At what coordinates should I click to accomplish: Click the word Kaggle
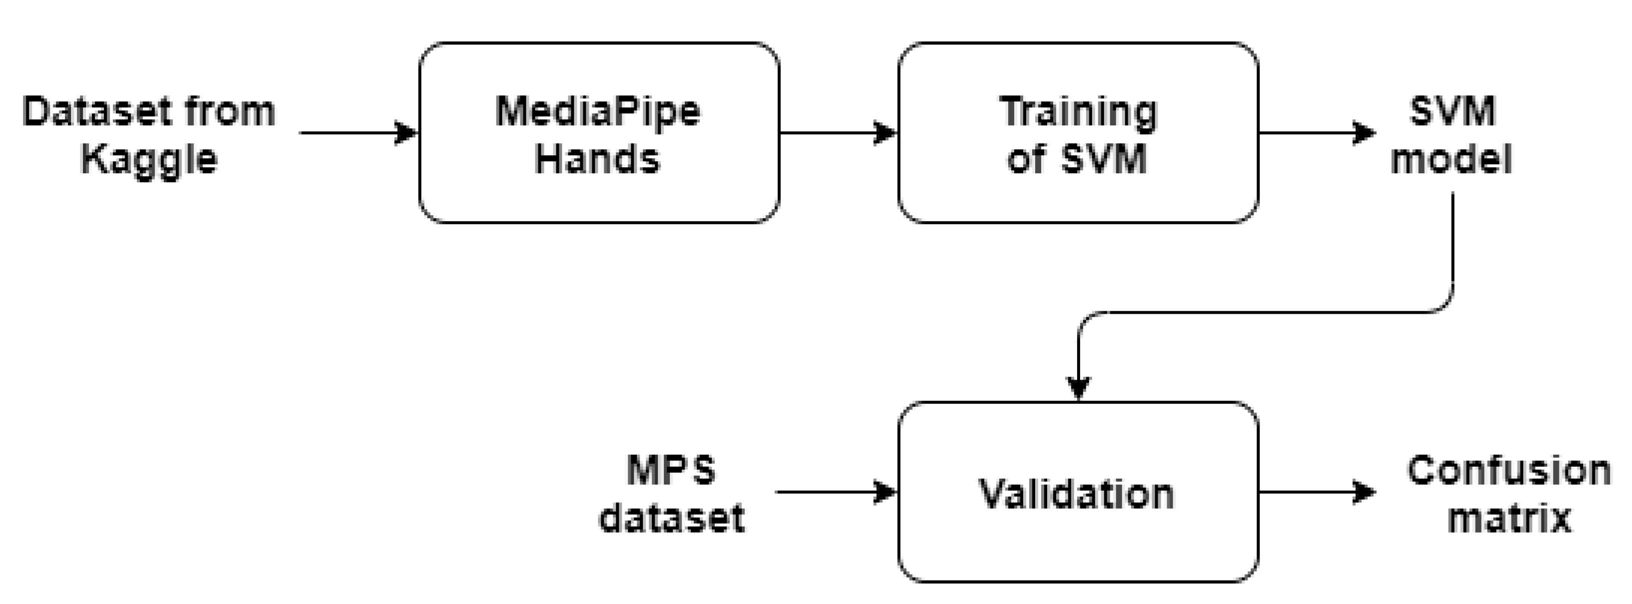tap(149, 159)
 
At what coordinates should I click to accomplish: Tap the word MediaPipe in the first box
tap(598, 111)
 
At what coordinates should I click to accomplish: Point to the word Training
tap(1078, 112)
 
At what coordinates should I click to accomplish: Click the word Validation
tap(1077, 494)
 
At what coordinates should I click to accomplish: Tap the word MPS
tap(672, 471)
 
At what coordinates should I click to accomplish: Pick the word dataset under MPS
tap(672, 518)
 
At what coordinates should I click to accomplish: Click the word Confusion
tap(1509, 471)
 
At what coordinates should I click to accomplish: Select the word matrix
tap(1509, 518)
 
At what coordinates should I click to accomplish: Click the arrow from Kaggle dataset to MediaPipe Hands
tap(358, 133)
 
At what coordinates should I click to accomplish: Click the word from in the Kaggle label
tap(230, 111)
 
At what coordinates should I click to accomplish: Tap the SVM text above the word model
tap(1452, 111)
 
